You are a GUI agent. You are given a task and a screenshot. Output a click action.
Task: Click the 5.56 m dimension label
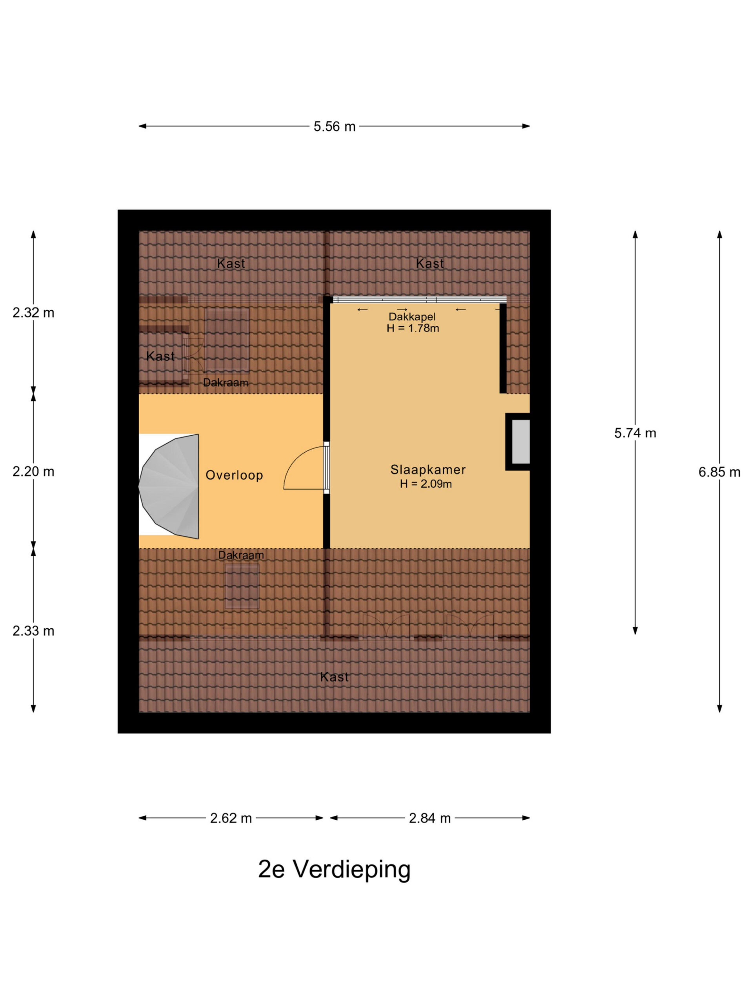point(334,127)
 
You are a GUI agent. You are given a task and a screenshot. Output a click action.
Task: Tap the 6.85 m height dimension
point(719,473)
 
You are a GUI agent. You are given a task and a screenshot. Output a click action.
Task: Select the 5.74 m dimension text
point(635,433)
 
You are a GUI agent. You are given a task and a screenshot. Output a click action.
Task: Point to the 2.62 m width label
point(231,818)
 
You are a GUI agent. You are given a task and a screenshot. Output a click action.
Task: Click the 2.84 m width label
point(429,818)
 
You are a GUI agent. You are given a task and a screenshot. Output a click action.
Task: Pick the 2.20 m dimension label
point(33,472)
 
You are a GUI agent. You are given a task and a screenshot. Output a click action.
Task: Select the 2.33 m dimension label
point(33,631)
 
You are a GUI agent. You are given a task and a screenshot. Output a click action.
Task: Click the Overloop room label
point(234,475)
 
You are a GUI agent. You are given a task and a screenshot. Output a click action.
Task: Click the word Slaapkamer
point(428,470)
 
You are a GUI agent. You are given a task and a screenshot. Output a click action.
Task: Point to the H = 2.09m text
point(426,484)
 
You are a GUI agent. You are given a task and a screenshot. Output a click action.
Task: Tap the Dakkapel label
point(412,317)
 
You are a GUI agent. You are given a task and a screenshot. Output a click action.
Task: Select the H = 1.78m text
point(413,329)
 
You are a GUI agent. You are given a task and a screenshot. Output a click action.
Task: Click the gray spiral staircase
point(169,486)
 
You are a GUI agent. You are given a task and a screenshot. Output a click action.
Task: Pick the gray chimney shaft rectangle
point(520,442)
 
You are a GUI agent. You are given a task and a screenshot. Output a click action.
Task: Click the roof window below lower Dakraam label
point(242,586)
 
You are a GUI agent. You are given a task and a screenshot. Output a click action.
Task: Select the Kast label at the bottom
point(335,677)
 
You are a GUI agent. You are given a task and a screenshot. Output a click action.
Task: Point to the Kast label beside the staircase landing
point(160,356)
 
